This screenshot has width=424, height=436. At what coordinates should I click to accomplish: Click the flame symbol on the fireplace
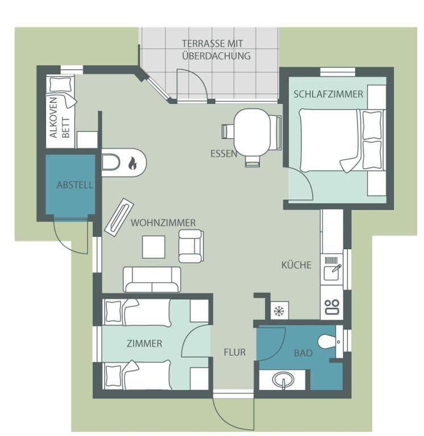[132, 163]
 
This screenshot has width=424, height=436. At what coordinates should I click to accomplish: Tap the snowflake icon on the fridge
[278, 311]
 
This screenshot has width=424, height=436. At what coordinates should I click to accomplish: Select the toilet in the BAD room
[327, 341]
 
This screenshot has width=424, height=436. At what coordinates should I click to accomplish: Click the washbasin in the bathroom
[283, 380]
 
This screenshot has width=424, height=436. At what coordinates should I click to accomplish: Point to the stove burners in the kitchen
[332, 307]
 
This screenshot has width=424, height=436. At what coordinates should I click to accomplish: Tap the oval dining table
[252, 132]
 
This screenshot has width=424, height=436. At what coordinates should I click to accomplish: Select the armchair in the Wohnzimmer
[191, 246]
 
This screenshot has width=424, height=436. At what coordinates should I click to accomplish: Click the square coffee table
[153, 247]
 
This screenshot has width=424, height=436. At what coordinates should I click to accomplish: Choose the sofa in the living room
[152, 279]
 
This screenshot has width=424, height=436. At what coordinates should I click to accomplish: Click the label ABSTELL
[74, 185]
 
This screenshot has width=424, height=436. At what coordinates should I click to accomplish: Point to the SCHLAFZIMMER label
[329, 94]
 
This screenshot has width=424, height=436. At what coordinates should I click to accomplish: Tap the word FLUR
[235, 353]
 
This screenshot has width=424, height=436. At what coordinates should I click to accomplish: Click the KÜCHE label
[296, 265]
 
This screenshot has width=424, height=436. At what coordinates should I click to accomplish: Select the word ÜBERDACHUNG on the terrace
[217, 56]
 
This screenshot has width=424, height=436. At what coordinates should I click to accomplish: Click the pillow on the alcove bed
[60, 85]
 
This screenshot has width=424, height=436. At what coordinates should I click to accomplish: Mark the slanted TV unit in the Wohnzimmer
[119, 217]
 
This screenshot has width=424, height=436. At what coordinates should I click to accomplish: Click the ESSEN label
[223, 153]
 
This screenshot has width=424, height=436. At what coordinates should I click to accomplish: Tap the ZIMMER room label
[144, 343]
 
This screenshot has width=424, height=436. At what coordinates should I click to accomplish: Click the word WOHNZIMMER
[163, 223]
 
